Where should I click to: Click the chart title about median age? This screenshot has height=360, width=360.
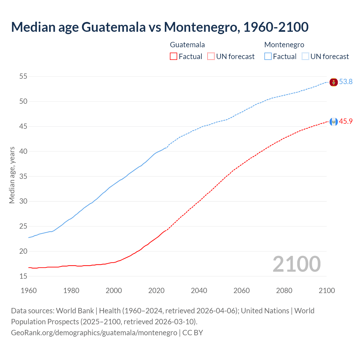[x=160, y=27]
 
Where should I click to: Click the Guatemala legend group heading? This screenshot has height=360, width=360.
[x=187, y=45]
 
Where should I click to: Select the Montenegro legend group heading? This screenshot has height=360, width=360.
[x=284, y=45]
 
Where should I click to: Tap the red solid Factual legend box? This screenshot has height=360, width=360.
[x=174, y=57]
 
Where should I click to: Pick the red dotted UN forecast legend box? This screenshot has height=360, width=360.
[x=211, y=57]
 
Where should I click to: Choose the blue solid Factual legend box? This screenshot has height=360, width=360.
[x=268, y=57]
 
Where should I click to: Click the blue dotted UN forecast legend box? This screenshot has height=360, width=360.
[x=305, y=57]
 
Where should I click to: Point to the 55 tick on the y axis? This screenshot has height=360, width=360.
[x=23, y=76]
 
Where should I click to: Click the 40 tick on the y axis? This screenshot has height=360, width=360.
[x=23, y=151]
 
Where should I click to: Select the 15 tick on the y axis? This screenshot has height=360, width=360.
[x=23, y=276]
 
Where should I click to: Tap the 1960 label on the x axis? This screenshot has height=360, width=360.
[x=29, y=291]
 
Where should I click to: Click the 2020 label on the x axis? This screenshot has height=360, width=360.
[x=156, y=291]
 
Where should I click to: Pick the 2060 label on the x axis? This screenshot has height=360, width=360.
[x=242, y=291]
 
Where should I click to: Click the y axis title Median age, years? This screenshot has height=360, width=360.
[x=12, y=175]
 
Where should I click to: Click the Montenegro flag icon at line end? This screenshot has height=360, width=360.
[x=334, y=82]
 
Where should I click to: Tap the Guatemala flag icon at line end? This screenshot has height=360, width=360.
[x=334, y=122]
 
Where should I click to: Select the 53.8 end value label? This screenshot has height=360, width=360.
[x=346, y=82]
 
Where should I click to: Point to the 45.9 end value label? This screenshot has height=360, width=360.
[x=346, y=121]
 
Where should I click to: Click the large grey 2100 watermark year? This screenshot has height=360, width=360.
[x=296, y=264]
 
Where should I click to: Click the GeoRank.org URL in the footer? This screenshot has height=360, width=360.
[x=94, y=333]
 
